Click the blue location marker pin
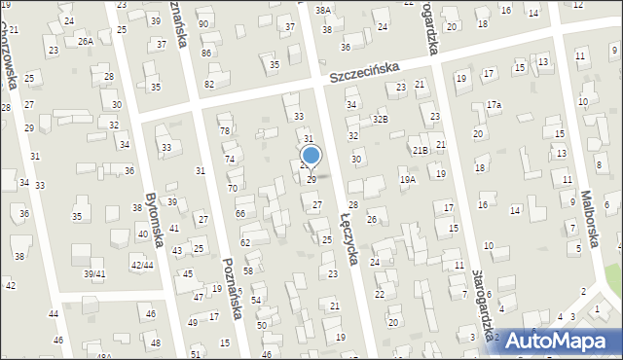(311, 156)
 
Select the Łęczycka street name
(350, 238)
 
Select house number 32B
(381, 119)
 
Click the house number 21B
(421, 150)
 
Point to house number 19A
(408, 179)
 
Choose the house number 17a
(495, 104)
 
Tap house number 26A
(86, 41)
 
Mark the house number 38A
(323, 10)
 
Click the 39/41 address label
(93, 274)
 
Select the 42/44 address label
(141, 265)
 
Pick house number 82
(209, 84)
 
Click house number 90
(202, 23)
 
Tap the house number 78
(224, 130)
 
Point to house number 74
(230, 159)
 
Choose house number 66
(239, 213)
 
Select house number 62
(245, 241)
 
